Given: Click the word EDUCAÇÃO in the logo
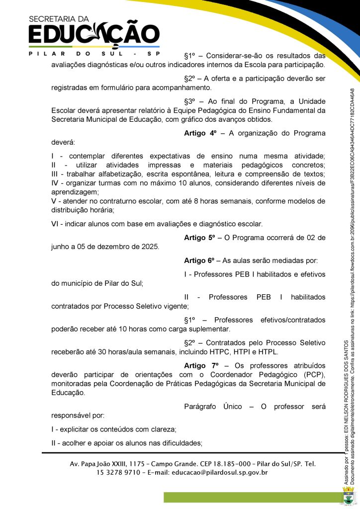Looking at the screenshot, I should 94,35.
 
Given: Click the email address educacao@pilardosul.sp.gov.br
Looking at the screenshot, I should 220,473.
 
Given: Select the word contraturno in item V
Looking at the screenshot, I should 109,201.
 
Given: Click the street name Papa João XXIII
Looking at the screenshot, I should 108,464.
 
